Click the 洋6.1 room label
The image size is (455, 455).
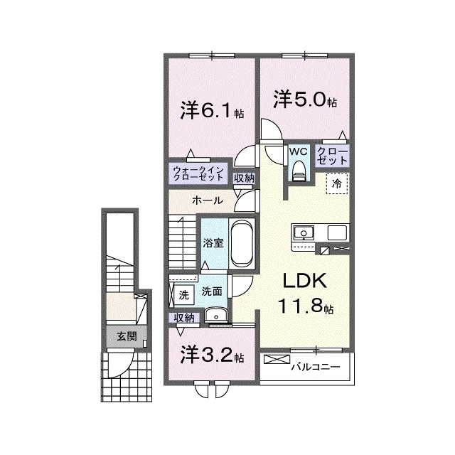click(x=212, y=110)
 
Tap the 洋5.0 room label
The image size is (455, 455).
click(x=305, y=100)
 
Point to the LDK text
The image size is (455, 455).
click(x=305, y=281)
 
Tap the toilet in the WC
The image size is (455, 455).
click(x=299, y=171)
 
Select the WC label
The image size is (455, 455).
click(x=299, y=151)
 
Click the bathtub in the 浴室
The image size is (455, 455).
click(x=242, y=243)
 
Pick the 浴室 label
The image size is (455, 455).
click(x=213, y=243)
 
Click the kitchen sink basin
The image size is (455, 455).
click(x=304, y=232)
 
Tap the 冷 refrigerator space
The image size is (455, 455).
click(x=336, y=183)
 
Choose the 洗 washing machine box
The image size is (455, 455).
click(x=183, y=295)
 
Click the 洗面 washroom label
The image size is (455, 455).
click(x=212, y=291)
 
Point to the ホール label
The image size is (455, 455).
click(x=208, y=200)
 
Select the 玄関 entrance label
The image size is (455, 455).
click(x=127, y=336)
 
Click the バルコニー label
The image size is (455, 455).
click(x=316, y=367)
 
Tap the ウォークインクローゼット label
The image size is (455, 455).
click(x=198, y=173)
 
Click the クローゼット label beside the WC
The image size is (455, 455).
click(x=332, y=156)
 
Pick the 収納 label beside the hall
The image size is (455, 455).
click(x=245, y=178)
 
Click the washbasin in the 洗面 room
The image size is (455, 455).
click(x=216, y=314)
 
